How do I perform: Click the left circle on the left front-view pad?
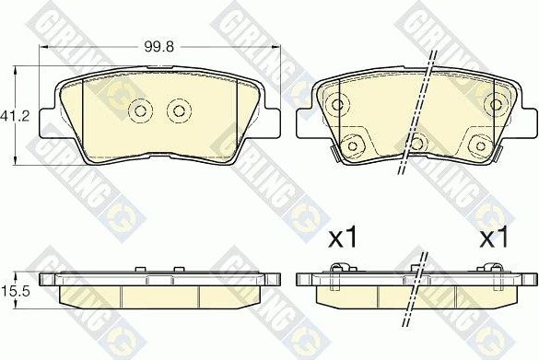141,110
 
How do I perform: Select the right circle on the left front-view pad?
176,110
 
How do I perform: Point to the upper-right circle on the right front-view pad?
499,101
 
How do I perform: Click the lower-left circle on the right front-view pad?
351,143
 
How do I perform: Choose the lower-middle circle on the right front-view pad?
416,143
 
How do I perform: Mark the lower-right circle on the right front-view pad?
478,143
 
